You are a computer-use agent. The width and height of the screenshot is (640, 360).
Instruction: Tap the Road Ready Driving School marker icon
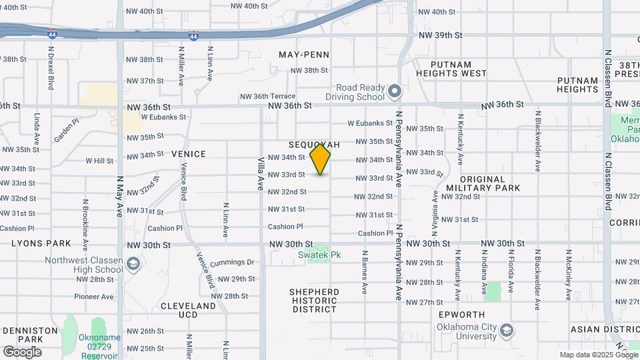[394, 91]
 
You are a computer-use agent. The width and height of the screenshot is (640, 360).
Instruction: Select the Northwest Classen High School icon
[133, 265]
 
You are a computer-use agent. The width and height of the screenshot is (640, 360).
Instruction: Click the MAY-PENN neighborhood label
[304, 54]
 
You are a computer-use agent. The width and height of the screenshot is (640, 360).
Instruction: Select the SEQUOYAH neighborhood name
[314, 145]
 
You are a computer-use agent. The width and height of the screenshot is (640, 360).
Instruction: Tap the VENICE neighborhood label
[189, 154]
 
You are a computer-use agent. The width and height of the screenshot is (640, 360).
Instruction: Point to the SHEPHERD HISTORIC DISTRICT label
[315, 301]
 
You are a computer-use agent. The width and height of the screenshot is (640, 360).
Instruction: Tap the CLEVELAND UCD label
[189, 310]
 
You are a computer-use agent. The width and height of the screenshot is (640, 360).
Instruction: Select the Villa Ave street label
[261, 174]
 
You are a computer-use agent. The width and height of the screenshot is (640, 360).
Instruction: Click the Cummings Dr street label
[232, 263]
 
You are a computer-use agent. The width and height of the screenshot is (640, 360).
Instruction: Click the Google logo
[22, 351]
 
